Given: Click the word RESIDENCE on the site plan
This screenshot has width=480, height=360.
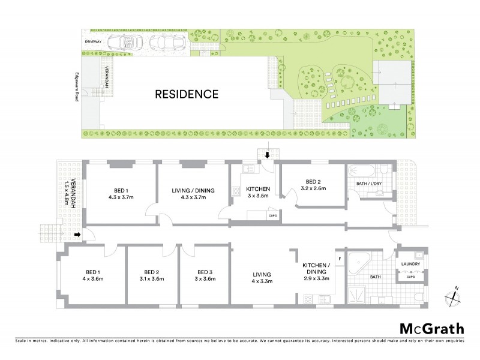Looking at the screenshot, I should pos(187,94).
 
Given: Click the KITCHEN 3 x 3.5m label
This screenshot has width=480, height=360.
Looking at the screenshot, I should pos(257,192).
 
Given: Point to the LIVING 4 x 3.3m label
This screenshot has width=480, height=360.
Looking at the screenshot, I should pos(262,275).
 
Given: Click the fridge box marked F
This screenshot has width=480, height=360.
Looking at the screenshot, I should pos(340,259).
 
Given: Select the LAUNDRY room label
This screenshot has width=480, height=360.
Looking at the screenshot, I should pos(411,264).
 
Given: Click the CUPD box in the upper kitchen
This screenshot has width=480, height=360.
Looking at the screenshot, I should pos(272,215).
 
